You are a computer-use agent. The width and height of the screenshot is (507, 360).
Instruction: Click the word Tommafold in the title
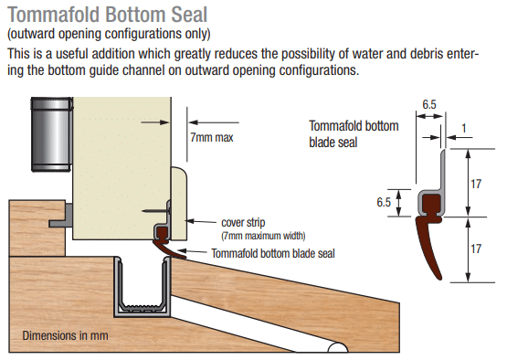[53, 15]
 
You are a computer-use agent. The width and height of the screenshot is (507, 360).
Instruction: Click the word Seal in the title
[189, 15]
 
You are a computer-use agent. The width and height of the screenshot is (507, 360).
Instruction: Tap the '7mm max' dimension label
[211, 137]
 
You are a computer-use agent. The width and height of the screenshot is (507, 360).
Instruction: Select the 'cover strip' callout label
[243, 223]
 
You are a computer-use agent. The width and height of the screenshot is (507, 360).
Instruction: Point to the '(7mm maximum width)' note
[263, 236]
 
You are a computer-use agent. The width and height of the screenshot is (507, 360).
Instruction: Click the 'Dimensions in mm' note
[65, 335]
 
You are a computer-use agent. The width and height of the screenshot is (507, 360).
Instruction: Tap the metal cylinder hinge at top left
[51, 134]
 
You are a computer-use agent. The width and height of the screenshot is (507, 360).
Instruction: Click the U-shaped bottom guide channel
[143, 288]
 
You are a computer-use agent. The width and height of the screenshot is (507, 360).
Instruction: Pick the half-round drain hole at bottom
[338, 347]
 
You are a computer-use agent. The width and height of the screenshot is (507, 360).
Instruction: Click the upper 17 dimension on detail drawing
[476, 184]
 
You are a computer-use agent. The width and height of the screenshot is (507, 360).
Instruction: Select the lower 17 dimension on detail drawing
[476, 249]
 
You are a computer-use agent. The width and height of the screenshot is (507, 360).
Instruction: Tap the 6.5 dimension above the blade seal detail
[429, 104]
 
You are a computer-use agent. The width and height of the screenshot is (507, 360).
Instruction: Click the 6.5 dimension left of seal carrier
[384, 203]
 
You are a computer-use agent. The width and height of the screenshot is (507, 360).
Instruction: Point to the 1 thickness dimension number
[464, 129]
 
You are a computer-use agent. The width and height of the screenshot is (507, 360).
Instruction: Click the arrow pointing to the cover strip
[201, 222]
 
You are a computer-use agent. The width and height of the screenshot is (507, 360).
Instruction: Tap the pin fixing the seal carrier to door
[156, 211]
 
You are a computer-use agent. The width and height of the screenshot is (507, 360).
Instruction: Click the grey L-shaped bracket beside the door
[61, 215]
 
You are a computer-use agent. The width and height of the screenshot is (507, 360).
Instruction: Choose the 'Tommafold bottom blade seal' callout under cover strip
[273, 254]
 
